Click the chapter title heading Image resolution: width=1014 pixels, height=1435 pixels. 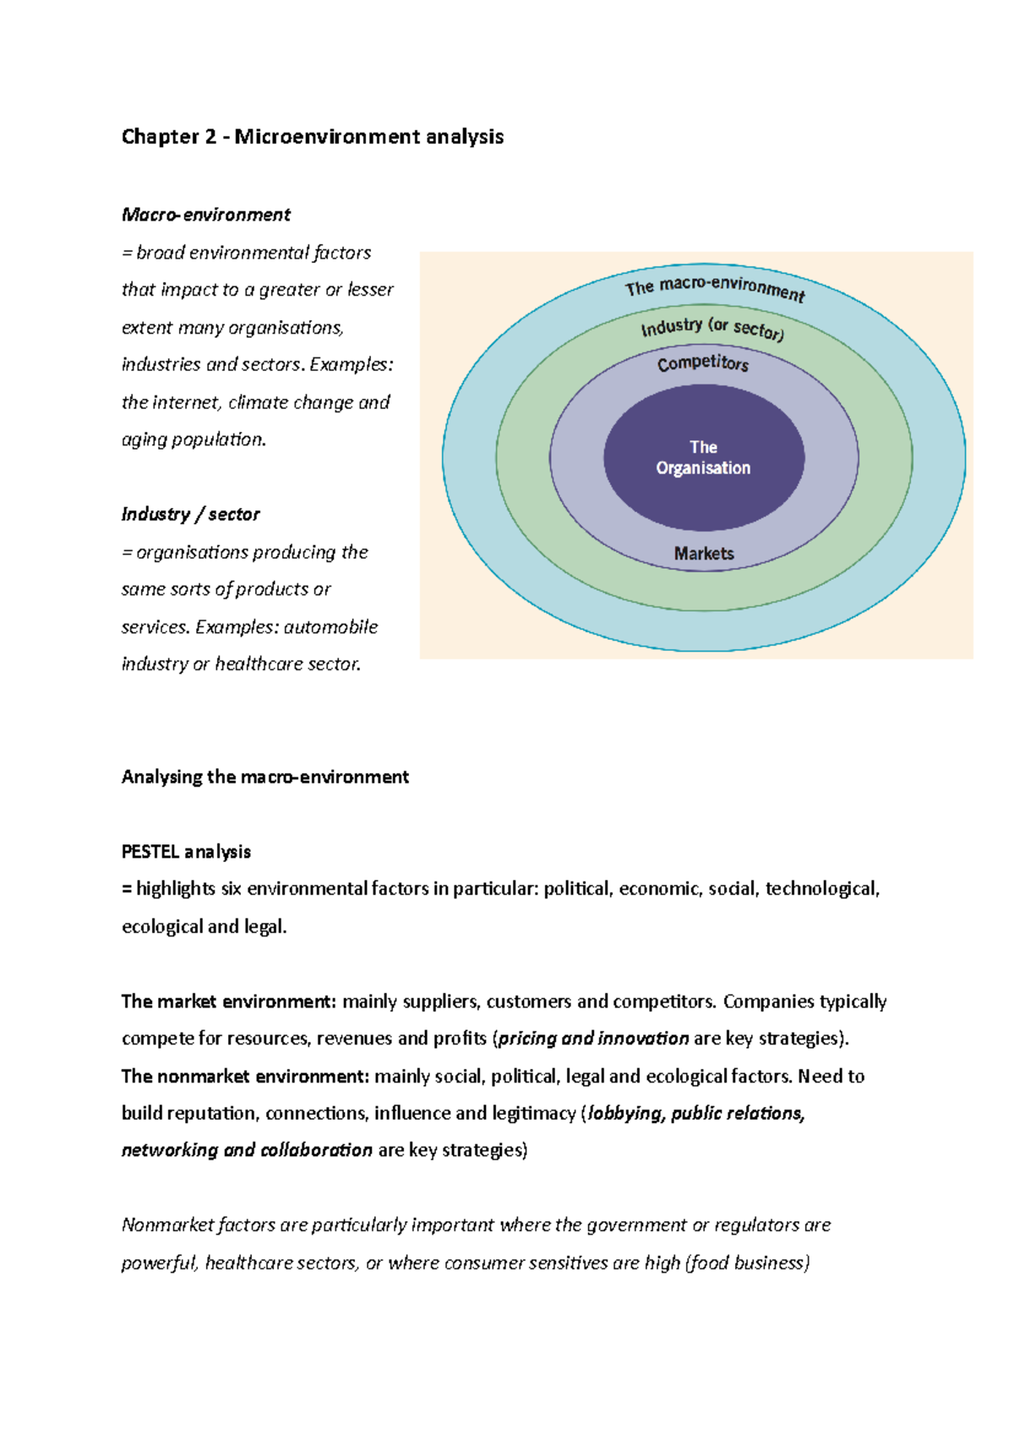[313, 137]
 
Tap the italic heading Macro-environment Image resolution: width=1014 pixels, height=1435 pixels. [206, 215]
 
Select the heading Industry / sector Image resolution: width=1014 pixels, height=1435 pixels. [191, 514]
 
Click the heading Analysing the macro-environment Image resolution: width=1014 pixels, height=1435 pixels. [265, 777]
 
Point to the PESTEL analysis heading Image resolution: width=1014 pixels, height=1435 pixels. [187, 851]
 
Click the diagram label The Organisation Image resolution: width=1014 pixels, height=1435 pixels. [703, 457]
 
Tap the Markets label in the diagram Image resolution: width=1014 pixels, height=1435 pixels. [704, 554]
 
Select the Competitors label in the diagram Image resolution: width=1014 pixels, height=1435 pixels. [703, 363]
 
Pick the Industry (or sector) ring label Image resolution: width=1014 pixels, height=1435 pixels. [712, 327]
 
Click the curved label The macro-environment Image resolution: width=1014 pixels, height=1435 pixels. [715, 287]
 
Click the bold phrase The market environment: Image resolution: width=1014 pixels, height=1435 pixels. [229, 1001]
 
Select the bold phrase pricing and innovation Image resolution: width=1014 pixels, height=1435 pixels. [594, 1039]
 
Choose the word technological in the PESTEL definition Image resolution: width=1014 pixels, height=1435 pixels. [822, 888]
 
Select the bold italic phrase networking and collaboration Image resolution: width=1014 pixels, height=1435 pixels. [247, 1150]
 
